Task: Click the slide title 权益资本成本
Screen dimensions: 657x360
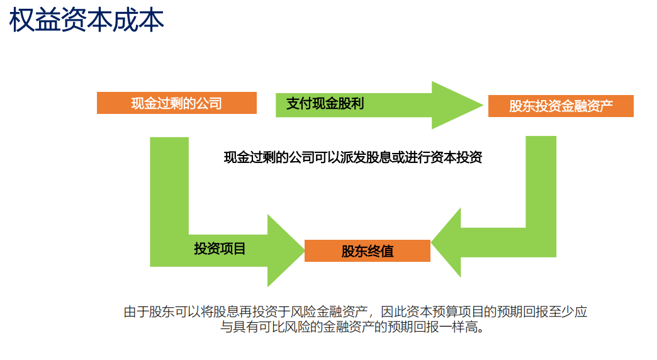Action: coord(86,20)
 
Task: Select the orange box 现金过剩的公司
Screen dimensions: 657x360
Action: coord(176,103)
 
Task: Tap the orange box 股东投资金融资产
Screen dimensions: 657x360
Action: coord(561,106)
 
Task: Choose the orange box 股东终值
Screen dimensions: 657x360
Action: coord(368,250)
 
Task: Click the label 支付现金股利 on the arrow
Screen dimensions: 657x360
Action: coord(325,103)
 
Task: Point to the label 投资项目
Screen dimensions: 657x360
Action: coord(220,249)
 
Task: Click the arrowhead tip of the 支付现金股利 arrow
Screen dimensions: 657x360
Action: coord(483,104)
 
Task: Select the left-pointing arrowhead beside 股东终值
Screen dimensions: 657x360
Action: coord(446,242)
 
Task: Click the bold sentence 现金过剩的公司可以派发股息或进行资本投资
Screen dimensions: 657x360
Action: coord(353,157)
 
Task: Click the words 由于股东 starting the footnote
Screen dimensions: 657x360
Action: coord(149,312)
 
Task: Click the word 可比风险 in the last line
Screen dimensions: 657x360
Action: coord(284,327)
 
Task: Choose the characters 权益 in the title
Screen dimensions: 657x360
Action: coord(35,20)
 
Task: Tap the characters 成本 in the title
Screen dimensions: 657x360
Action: coord(138,20)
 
